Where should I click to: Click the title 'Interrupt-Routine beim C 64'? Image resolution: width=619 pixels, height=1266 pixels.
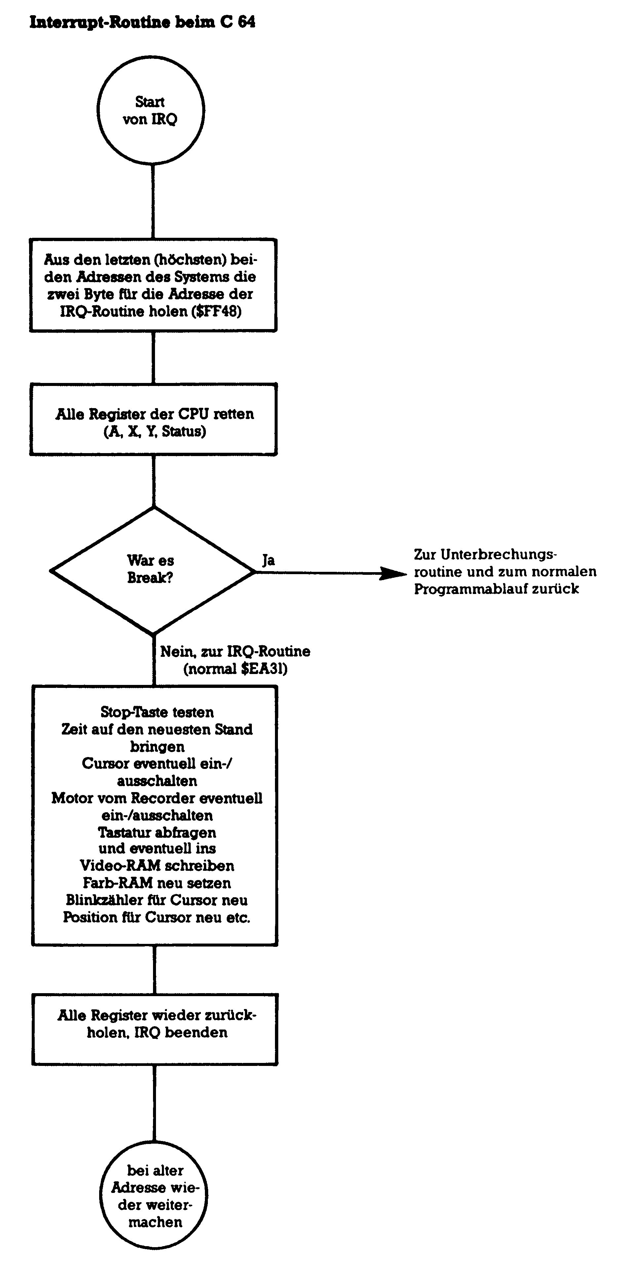(142, 22)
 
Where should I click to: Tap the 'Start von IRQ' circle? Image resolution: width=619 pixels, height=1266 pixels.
(151, 110)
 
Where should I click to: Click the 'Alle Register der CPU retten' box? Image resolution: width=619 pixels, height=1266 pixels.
(153, 419)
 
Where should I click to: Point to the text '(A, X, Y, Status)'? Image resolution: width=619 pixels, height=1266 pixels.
(155, 432)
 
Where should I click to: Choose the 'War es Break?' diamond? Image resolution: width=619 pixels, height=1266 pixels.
(152, 570)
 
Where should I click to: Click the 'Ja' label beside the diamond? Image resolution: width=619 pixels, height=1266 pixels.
(268, 560)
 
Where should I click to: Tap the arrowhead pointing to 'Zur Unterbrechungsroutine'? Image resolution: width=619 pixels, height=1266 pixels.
(393, 573)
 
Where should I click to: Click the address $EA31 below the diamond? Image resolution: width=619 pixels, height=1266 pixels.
(263, 669)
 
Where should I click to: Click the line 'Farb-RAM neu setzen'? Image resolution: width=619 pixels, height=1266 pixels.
(157, 883)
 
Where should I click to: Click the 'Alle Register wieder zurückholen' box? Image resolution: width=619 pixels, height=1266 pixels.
(155, 1029)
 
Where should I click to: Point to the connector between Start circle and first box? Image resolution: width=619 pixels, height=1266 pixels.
(153, 201)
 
